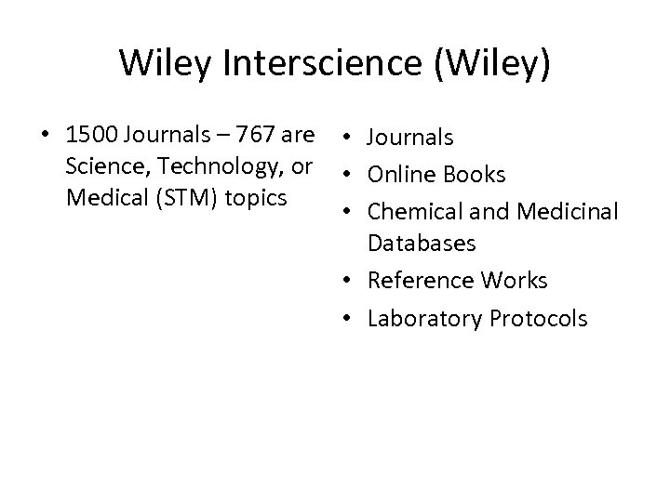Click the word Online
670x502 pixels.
[x=400, y=175]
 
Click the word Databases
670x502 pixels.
[x=422, y=244]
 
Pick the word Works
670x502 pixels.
[x=514, y=280]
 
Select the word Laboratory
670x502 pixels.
[x=423, y=319]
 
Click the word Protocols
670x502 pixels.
[x=537, y=319]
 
